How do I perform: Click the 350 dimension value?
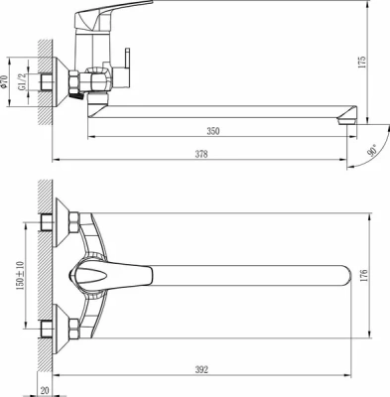[x=213, y=130]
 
